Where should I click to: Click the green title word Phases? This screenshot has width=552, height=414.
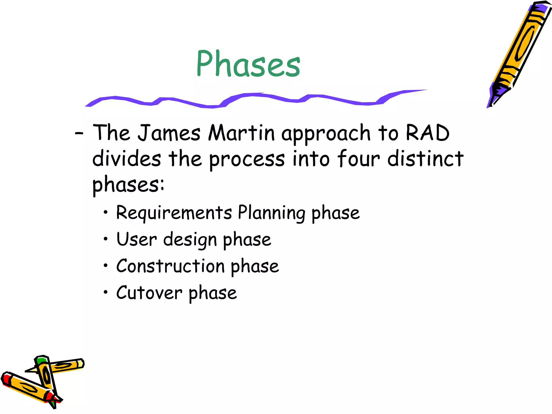click(x=248, y=64)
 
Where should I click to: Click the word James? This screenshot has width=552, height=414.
click(x=169, y=133)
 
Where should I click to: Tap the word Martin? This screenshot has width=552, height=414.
click(x=241, y=133)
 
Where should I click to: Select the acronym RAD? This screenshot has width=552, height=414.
click(x=427, y=133)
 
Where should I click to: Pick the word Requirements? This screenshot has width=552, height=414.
click(x=174, y=213)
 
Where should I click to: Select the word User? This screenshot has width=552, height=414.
click(x=136, y=239)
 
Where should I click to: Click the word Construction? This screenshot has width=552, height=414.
click(x=170, y=266)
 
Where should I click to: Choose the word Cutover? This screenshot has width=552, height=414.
click(x=149, y=293)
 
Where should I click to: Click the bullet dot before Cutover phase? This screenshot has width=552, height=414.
click(x=106, y=292)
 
